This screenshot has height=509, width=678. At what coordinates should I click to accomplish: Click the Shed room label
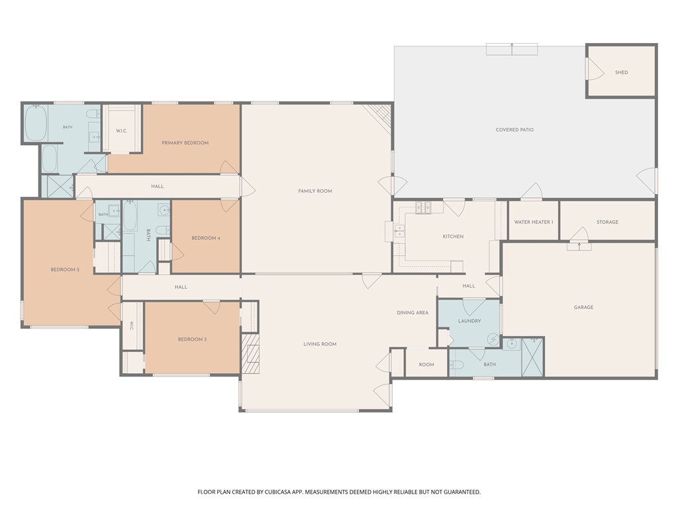tap(621, 72)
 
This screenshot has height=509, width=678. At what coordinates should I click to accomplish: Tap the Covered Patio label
tap(514, 129)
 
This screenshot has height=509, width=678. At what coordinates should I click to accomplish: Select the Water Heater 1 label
tap(534, 222)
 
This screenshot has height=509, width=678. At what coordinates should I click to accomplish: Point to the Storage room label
tap(607, 222)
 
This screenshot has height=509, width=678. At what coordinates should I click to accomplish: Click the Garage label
tap(583, 308)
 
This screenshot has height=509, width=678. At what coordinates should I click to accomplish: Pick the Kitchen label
tap(453, 237)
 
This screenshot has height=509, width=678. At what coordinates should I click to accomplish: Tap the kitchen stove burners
tap(423, 207)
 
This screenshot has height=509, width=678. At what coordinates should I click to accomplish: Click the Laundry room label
tap(469, 321)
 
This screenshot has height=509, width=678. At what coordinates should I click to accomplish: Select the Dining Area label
tap(412, 313)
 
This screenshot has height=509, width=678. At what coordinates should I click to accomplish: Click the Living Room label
tap(320, 344)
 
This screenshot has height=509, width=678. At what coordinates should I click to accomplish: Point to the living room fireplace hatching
tap(250, 354)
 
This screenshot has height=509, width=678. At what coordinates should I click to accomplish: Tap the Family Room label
tap(315, 191)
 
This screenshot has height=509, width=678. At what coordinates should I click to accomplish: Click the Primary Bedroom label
tap(185, 143)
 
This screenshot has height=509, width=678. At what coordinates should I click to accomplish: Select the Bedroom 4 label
tap(206, 238)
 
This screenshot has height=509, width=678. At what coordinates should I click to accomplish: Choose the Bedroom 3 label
tap(193, 339)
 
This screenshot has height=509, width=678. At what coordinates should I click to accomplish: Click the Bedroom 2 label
tap(65, 270)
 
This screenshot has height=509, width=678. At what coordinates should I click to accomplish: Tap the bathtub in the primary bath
tap(35, 123)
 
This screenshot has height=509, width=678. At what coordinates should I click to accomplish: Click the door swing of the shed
tap(596, 68)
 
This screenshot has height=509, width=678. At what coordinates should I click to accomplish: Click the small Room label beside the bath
tap(426, 365)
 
